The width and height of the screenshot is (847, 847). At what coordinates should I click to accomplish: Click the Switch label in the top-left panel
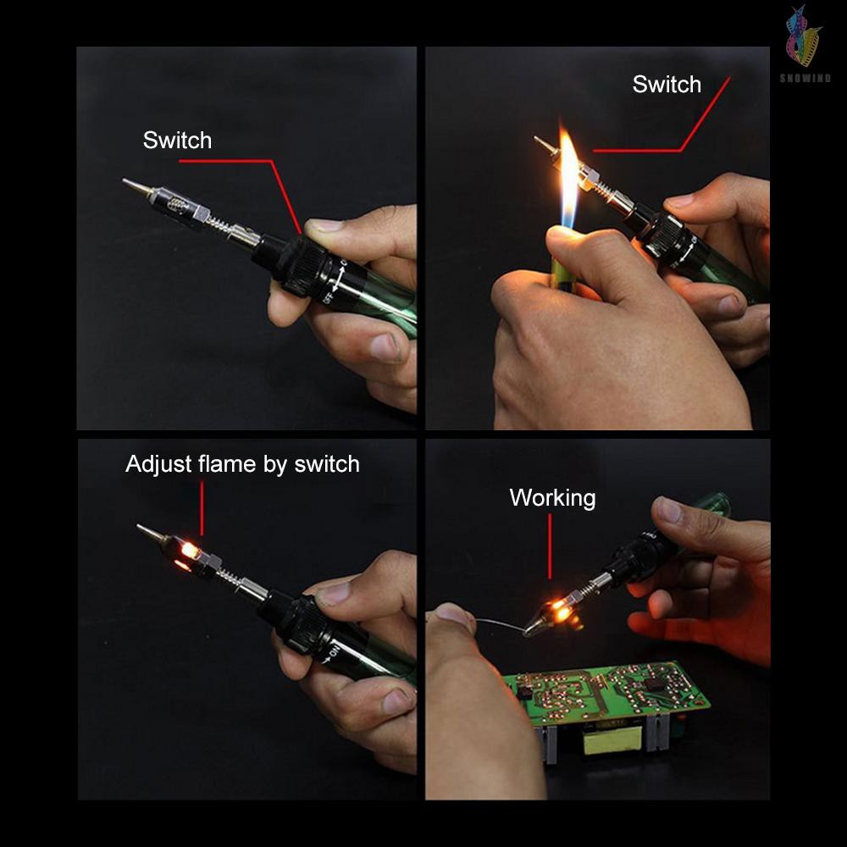[x=177, y=141]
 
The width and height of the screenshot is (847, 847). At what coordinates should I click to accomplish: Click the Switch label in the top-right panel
[x=667, y=85]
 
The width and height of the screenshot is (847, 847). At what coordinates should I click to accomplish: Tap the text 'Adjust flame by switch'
[x=242, y=464]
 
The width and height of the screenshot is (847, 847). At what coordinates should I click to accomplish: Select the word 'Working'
[x=552, y=498]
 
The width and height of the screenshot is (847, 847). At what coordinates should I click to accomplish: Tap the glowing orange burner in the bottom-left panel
[x=189, y=551]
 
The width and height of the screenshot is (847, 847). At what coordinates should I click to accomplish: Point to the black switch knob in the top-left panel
[x=292, y=263]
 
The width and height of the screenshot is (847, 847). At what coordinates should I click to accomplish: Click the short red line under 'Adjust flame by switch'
[x=202, y=508]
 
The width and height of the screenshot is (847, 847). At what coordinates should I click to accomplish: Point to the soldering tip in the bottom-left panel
[x=150, y=533]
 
